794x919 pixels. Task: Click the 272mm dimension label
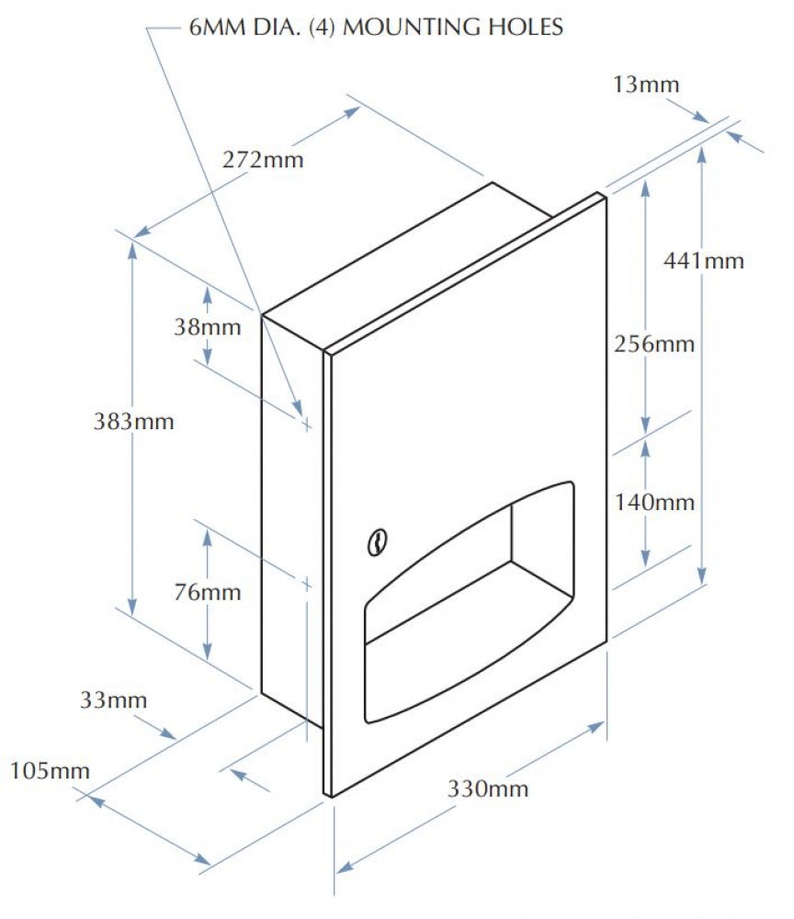[263, 159]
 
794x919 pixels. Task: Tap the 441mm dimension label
[704, 260]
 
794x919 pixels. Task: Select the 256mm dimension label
[654, 344]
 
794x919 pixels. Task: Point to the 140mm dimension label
[654, 502]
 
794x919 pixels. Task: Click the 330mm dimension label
[488, 789]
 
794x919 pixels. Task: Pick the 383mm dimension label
[133, 422]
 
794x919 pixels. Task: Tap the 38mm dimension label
[208, 326]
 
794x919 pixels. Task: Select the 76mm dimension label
[208, 592]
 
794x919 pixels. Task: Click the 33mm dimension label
[113, 699]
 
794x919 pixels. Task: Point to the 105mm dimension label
[50, 770]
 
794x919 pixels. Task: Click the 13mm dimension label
[646, 85]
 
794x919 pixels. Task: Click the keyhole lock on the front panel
[377, 542]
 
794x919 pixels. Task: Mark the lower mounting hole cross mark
[306, 584]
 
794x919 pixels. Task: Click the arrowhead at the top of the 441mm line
[702, 153]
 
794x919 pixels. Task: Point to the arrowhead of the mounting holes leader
[299, 408]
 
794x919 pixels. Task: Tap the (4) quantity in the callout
[322, 28]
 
